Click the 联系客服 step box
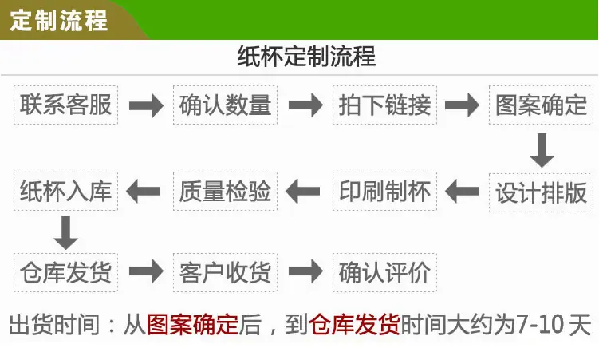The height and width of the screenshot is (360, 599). click(65, 105)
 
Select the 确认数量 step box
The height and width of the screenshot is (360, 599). click(226, 105)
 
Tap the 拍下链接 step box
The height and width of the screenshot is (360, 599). click(384, 105)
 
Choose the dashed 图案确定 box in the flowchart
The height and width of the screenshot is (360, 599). click(541, 105)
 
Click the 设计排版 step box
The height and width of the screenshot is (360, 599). click(541, 192)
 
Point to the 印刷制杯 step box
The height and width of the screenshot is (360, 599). click(384, 191)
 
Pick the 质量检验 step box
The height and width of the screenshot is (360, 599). click(226, 191)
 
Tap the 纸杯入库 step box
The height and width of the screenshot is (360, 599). click(65, 191)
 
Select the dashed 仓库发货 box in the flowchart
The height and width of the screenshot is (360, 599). click(65, 272)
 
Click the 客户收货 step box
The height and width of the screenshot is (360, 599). click(226, 272)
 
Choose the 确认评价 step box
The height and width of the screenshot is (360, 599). click(384, 272)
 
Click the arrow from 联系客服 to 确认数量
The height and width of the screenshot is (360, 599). click(146, 105)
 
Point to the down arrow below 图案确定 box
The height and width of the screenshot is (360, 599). click(542, 150)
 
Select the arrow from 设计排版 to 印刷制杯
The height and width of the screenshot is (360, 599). click(463, 192)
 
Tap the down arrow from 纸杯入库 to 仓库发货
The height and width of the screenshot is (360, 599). click(65, 232)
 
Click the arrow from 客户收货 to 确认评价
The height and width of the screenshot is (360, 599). click(305, 271)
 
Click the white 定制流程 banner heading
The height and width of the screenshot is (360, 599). click(58, 20)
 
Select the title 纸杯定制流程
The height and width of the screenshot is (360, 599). click(307, 57)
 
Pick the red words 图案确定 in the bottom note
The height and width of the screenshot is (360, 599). click(193, 325)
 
